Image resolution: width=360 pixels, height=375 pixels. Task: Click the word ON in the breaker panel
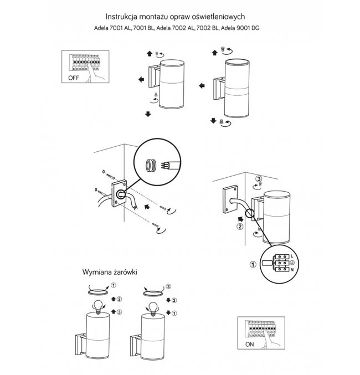tap(249, 344)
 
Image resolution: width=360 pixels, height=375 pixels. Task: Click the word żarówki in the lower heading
tap(124, 273)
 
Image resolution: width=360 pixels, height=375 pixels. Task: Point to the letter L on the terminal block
tap(292, 255)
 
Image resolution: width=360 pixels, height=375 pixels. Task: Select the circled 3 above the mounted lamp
tap(259, 178)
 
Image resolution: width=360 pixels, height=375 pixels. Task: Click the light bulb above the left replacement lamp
tap(99, 305)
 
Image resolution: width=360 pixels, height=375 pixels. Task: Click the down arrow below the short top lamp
tap(148, 114)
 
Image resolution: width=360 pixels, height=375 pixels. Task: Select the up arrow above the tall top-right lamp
tap(214, 52)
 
